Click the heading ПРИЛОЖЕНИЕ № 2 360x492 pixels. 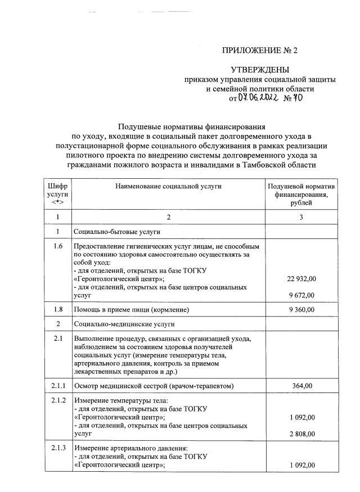click(x=260, y=51)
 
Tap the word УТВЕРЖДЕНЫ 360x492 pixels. click(x=260, y=70)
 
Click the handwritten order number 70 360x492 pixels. click(x=296, y=98)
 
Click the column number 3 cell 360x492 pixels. click(x=301, y=216)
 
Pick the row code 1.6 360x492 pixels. click(x=57, y=247)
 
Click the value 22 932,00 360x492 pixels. click(x=302, y=279)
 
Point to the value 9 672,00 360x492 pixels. click(x=302, y=295)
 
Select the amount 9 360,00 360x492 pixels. click(x=302, y=310)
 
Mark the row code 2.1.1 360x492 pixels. click(x=57, y=385)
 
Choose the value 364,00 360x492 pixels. click(x=302, y=385)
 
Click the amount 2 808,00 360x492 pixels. click(x=302, y=434)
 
